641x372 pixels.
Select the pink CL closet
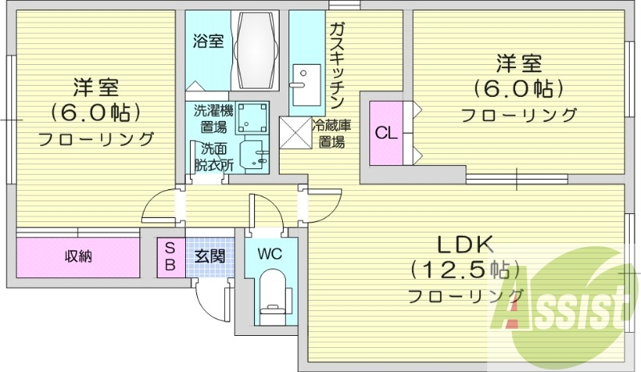point(385,133)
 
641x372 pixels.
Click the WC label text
point(268,254)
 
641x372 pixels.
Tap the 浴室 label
point(208,41)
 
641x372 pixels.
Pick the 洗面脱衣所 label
point(213,157)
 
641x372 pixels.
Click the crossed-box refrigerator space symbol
point(293,132)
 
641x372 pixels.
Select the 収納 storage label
point(79,257)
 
